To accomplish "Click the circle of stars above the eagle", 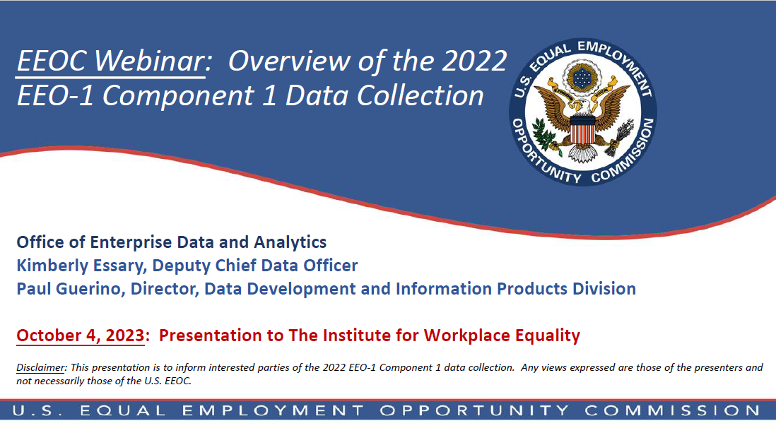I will coord(583,75).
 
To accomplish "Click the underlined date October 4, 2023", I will coord(80,336).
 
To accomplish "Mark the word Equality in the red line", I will coord(543,336).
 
